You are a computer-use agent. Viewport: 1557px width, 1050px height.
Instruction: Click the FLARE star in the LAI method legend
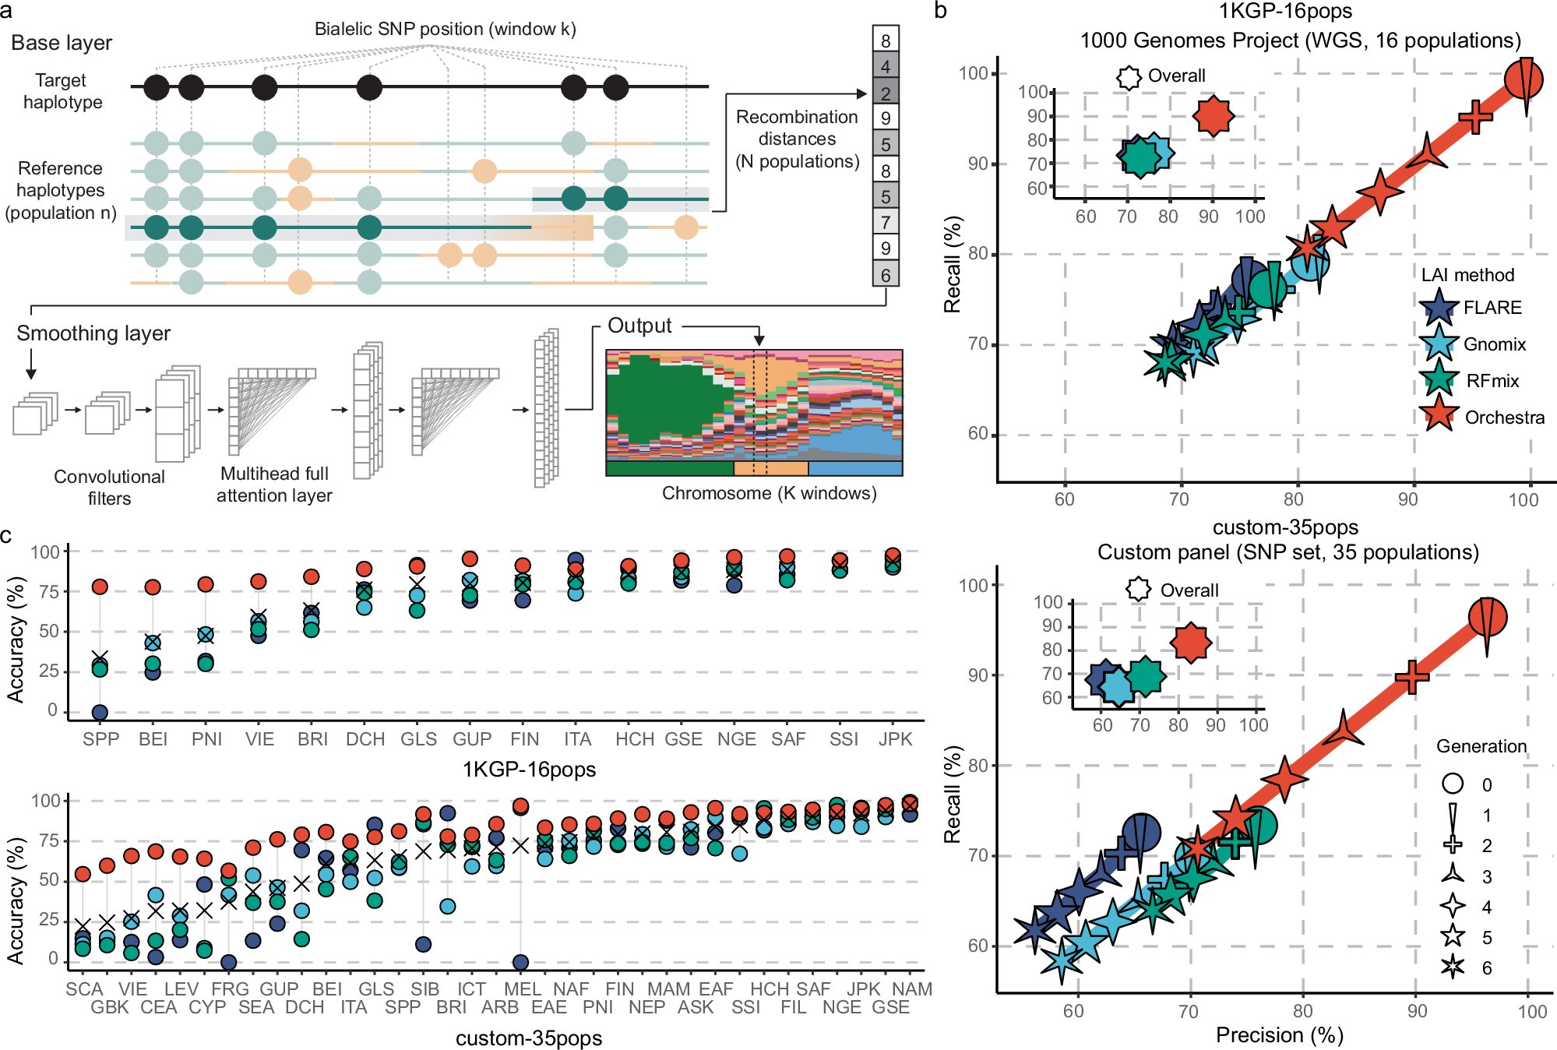1438,308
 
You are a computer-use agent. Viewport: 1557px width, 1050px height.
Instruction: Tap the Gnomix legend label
1494,344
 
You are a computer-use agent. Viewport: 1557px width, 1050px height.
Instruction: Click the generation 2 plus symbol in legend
1453,845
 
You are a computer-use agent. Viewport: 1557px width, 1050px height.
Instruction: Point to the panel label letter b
940,12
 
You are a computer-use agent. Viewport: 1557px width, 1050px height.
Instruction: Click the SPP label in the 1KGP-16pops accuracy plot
100,739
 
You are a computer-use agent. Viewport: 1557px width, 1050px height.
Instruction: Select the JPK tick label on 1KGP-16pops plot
895,739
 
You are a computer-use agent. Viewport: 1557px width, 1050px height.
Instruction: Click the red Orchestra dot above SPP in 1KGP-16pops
100,587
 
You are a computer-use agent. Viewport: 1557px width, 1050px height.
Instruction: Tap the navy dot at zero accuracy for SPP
100,712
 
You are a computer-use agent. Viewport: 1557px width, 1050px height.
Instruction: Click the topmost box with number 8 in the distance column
886,41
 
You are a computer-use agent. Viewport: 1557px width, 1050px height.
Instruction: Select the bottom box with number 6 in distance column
886,275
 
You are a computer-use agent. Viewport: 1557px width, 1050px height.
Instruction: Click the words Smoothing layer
93,333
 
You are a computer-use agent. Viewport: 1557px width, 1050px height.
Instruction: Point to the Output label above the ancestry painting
639,326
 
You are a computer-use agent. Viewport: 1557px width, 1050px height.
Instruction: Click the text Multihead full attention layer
274,484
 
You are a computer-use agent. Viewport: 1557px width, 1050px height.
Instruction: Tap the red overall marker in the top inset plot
1213,116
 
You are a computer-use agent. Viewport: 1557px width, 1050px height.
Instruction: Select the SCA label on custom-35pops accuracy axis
84,989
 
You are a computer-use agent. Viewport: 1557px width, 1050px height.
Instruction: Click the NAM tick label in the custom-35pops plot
912,989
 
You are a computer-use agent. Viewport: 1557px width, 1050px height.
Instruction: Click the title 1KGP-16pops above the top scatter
1285,12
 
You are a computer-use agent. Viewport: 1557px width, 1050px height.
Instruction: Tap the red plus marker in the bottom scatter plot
1411,677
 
